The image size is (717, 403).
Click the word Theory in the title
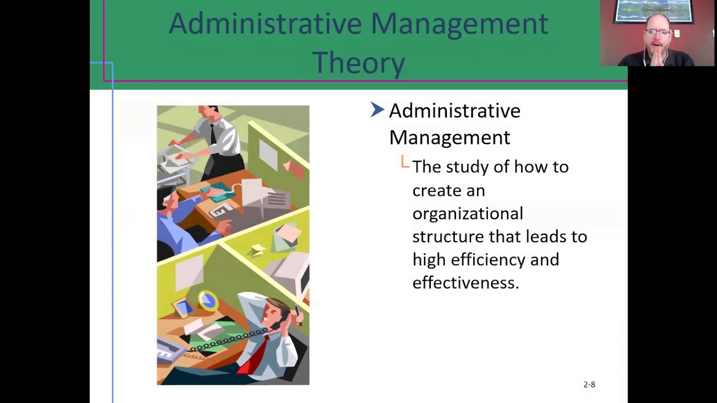[x=358, y=62]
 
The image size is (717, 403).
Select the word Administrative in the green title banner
[x=265, y=24]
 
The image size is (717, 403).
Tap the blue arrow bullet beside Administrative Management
[x=377, y=110]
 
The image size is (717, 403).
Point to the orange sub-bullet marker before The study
[x=405, y=162]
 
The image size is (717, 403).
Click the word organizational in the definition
[x=468, y=214]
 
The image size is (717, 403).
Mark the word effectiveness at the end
[x=465, y=283]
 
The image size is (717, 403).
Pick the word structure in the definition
[x=448, y=237]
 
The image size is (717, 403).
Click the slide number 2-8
[x=589, y=385]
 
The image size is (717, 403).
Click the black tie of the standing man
[x=213, y=135]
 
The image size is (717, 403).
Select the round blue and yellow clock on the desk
[x=208, y=301]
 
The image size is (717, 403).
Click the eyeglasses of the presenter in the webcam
[x=659, y=32]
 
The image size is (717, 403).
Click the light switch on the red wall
[x=677, y=34]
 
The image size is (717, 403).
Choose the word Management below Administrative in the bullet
[x=449, y=137]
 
